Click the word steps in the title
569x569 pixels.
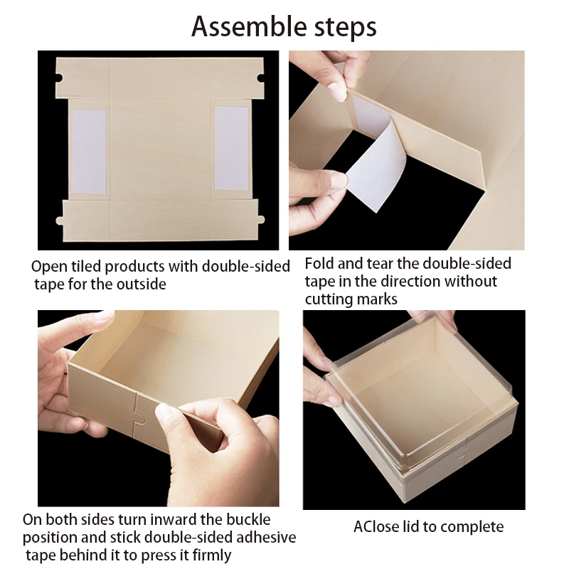(342, 28)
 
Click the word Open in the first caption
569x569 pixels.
(48, 267)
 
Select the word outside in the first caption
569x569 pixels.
(142, 284)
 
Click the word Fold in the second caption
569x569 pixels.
(321, 264)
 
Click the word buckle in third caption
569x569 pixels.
(246, 520)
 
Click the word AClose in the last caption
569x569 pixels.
(377, 527)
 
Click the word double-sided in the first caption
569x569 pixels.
(245, 267)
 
